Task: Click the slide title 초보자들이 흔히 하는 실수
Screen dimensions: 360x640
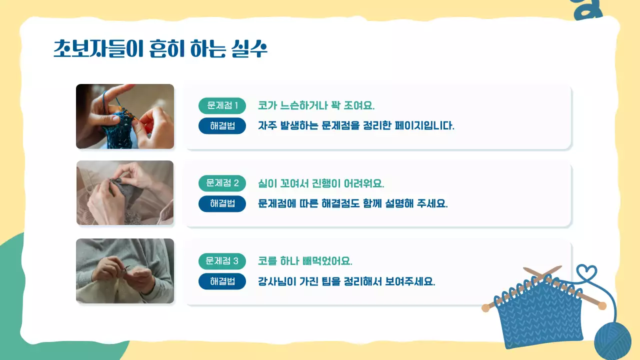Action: coord(160,48)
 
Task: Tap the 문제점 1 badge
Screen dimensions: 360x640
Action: coord(222,106)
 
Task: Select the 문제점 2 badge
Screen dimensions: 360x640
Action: coord(222,183)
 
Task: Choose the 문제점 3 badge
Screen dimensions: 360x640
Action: coord(222,261)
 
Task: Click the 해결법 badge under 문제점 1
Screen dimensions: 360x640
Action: coord(222,126)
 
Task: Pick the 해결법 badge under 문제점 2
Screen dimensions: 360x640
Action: coord(222,203)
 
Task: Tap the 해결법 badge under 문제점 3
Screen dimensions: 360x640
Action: coord(222,281)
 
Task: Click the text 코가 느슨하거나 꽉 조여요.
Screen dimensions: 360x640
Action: coord(316,106)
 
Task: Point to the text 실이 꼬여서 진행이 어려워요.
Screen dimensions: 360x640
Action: coord(321,183)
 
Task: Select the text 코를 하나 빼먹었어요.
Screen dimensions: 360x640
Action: coord(305,261)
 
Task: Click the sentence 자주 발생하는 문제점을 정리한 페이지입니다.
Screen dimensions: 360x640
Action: coord(356,126)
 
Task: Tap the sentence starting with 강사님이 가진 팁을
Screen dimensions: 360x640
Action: coord(346,281)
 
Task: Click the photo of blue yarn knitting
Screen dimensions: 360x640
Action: coord(125,116)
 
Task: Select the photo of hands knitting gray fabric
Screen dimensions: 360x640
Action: coord(125,193)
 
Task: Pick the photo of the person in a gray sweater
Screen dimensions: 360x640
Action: coord(125,271)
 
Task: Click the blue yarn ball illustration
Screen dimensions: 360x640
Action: coord(612,340)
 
